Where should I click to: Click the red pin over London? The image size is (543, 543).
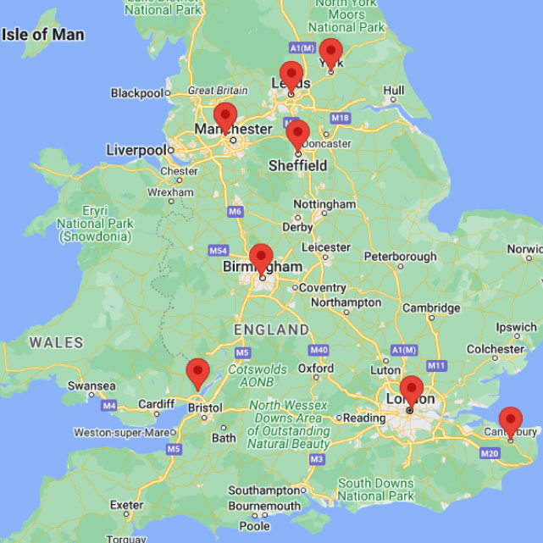[412, 391]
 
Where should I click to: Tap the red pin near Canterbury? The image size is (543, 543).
[510, 422]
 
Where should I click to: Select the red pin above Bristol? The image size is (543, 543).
[197, 373]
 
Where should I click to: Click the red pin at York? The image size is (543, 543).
[330, 53]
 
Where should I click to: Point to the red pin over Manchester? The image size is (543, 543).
[224, 117]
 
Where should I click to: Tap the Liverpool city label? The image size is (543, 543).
[136, 150]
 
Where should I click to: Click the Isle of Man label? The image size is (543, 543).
[43, 35]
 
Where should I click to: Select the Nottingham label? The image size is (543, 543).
[324, 205]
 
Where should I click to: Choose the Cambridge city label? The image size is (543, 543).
[432, 308]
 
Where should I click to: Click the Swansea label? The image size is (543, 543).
[91, 386]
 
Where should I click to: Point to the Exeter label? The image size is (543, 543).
[126, 505]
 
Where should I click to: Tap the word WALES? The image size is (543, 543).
[56, 343]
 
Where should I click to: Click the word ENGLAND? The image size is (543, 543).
[270, 329]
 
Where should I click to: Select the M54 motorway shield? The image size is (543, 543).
[219, 252]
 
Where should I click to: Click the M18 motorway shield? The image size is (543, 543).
[341, 117]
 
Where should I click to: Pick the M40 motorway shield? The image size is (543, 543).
[319, 350]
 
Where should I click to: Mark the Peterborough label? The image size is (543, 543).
[401, 257]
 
